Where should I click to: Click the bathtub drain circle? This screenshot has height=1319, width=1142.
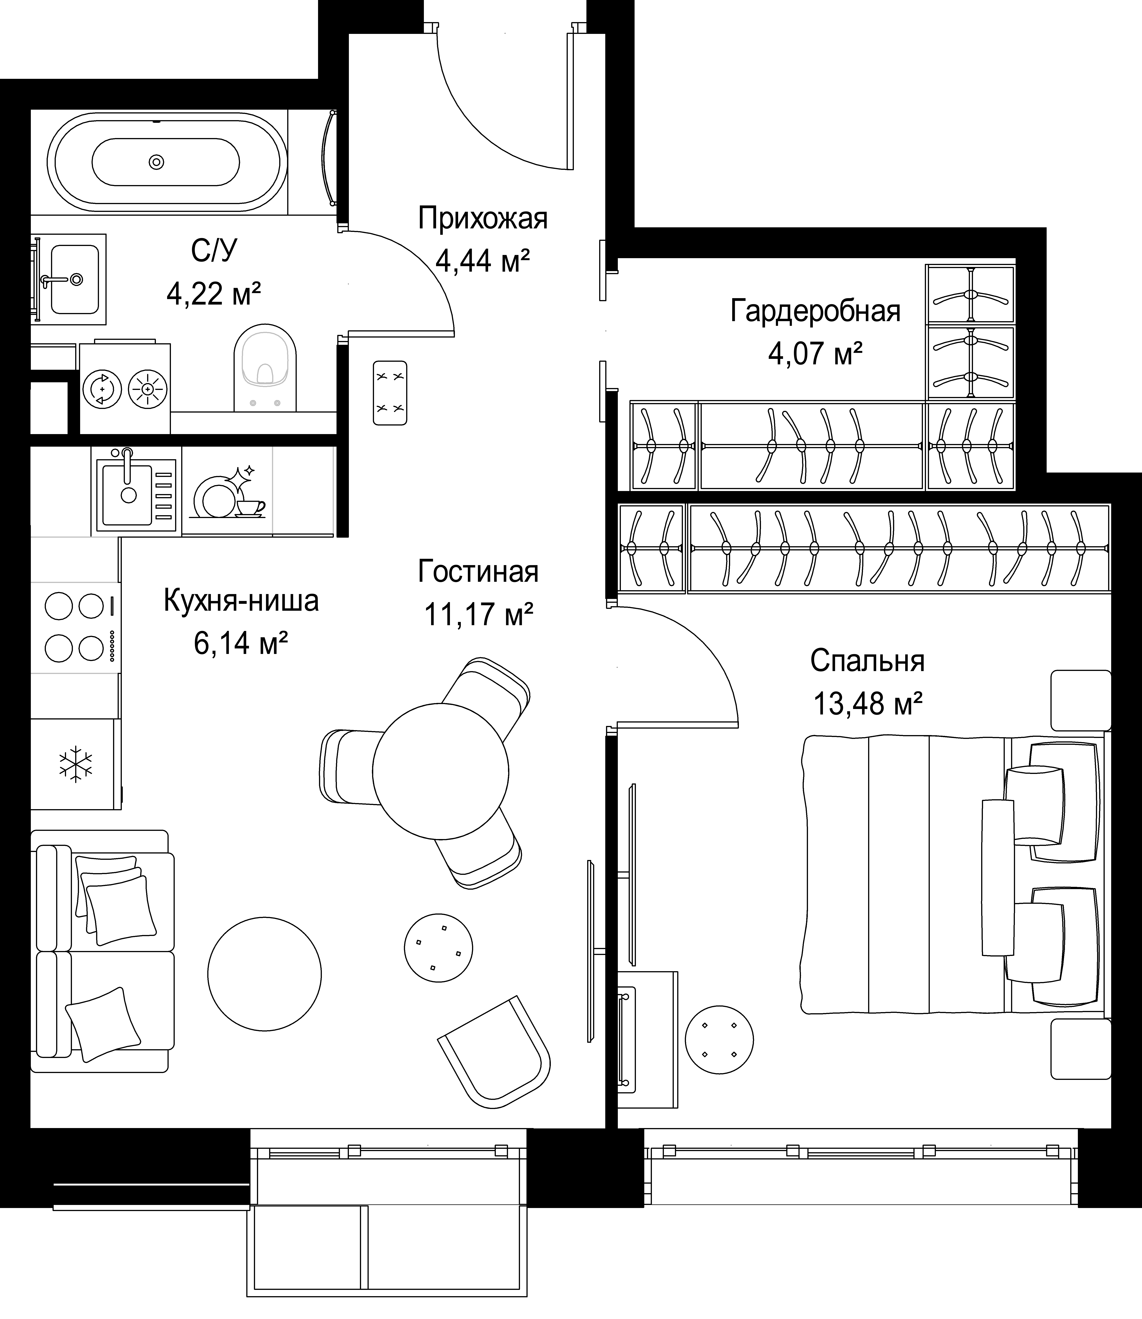156,162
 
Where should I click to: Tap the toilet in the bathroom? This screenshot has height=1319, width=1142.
265,368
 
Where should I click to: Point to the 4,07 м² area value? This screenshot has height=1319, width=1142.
816,353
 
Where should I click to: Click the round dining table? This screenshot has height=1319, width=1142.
440,771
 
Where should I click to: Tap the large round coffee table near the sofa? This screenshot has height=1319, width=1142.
265,973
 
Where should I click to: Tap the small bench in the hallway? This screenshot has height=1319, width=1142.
390,393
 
